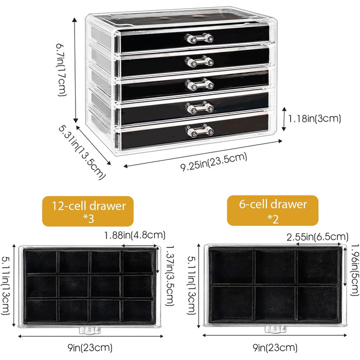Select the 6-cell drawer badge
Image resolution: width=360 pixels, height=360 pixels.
[x=273, y=211]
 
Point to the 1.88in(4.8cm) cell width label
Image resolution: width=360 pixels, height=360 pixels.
[x=135, y=236]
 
